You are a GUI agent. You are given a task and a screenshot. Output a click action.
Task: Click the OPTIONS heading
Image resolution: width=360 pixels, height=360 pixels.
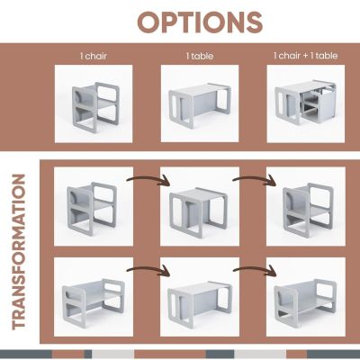(x=200, y=22)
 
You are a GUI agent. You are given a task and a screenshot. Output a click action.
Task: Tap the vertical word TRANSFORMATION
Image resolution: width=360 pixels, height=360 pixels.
(x=19, y=251)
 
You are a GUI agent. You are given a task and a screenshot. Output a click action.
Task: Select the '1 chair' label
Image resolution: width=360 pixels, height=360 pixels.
(x=94, y=56)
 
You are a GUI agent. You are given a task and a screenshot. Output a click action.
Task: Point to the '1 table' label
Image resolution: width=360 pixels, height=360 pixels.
(x=200, y=56)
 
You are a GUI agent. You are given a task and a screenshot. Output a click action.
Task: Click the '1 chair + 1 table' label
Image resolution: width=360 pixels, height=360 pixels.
(x=305, y=56)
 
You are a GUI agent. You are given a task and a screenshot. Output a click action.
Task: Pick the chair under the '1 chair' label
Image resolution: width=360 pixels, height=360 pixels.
(x=95, y=107)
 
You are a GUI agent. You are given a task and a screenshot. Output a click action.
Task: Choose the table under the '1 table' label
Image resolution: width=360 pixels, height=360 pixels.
(x=200, y=104)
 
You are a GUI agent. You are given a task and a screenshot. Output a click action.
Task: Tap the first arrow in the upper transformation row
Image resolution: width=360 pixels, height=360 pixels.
(x=148, y=180)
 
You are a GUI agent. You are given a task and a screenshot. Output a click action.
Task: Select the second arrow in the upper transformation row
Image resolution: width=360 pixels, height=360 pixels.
(x=255, y=180)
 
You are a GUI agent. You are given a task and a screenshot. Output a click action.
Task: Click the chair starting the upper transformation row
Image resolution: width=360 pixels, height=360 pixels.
(x=91, y=208)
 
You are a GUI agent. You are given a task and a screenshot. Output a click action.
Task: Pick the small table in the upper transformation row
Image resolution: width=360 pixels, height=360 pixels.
(x=198, y=211)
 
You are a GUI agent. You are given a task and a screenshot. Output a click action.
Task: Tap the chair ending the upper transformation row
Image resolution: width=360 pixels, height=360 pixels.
(x=309, y=210)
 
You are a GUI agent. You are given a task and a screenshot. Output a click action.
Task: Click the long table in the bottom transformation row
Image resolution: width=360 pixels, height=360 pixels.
(x=200, y=302)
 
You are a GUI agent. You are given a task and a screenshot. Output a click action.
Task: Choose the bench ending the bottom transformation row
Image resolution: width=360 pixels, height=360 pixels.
(x=305, y=301)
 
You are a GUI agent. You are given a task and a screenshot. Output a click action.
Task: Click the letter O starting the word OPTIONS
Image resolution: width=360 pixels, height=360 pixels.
(x=149, y=22)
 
